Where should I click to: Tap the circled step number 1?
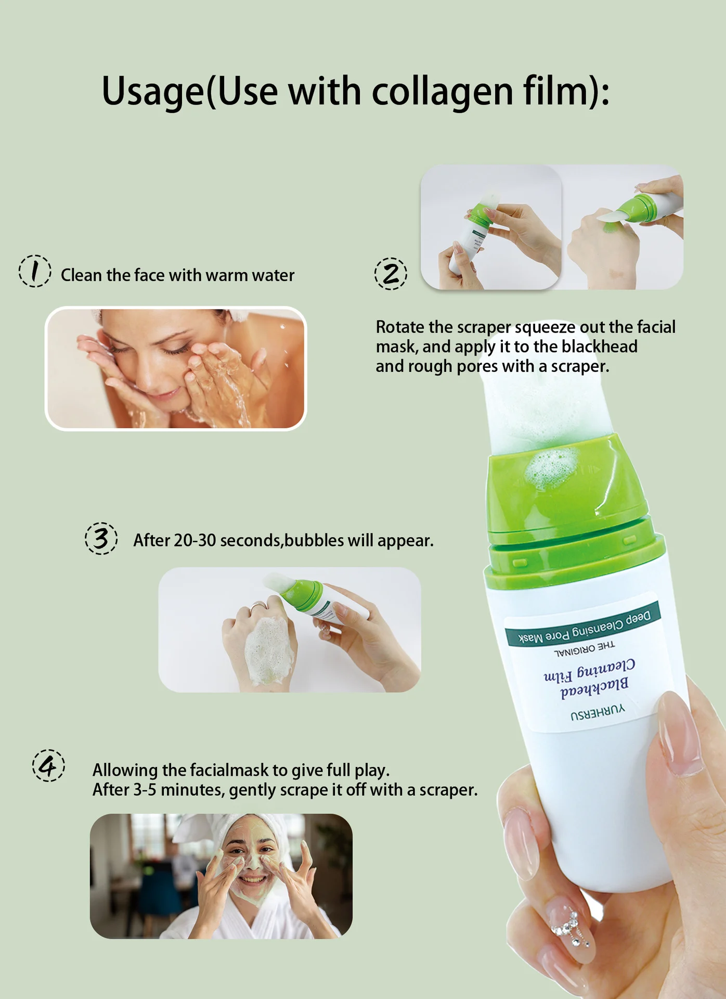(35, 271)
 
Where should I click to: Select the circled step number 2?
(391, 274)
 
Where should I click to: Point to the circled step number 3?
(101, 539)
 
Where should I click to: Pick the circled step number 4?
(48, 766)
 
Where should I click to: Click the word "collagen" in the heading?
(442, 92)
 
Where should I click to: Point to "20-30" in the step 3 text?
(195, 541)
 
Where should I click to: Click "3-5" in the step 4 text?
(145, 790)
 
